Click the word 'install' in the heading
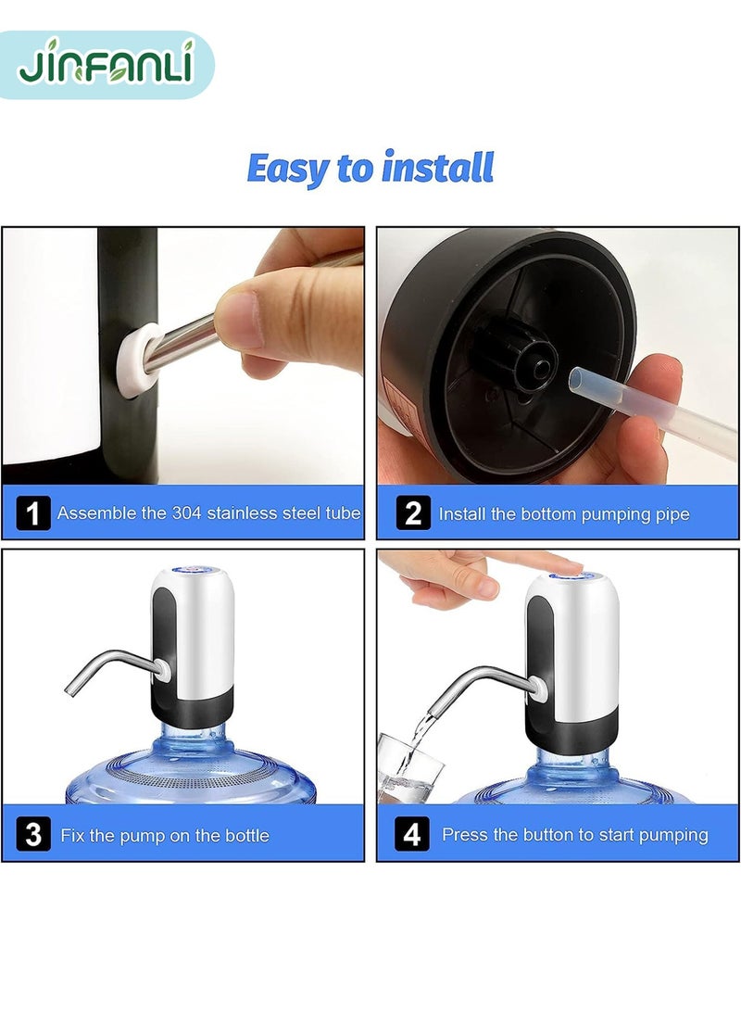pyautogui.click(x=437, y=169)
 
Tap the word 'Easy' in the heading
pyautogui.click(x=289, y=170)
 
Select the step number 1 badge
pyautogui.click(x=33, y=512)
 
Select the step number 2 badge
pyautogui.click(x=412, y=512)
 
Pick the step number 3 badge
pyautogui.click(x=33, y=834)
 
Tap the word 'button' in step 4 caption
pyautogui.click(x=548, y=835)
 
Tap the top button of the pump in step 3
pyautogui.click(x=192, y=575)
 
